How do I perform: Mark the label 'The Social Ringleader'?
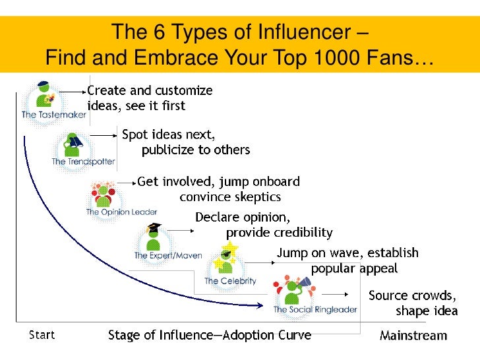click(315, 309)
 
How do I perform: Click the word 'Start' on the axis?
click(42, 335)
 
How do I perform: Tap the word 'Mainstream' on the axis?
click(413, 336)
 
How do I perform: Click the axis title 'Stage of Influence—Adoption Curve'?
click(210, 336)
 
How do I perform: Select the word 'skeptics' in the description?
click(255, 196)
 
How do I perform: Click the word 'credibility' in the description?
click(300, 233)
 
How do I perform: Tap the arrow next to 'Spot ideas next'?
click(103, 135)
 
